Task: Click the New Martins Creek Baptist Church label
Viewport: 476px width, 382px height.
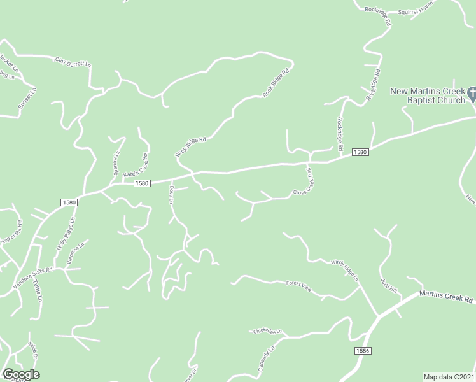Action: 428,95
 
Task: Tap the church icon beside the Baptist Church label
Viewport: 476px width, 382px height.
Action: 472,94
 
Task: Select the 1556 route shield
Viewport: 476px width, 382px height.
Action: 363,351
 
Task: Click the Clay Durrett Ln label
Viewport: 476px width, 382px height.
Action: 73,62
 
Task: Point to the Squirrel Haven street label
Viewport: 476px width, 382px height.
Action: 416,11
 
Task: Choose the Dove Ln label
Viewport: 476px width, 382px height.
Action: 171,194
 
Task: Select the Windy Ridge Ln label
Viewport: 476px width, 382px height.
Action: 344,270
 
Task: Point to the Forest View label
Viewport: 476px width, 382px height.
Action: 298,286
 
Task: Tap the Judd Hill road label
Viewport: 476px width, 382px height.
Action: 388,286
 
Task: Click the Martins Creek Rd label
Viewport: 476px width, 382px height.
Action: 446,296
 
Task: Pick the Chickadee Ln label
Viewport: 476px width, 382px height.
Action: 267,331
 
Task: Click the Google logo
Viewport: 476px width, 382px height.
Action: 21,374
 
